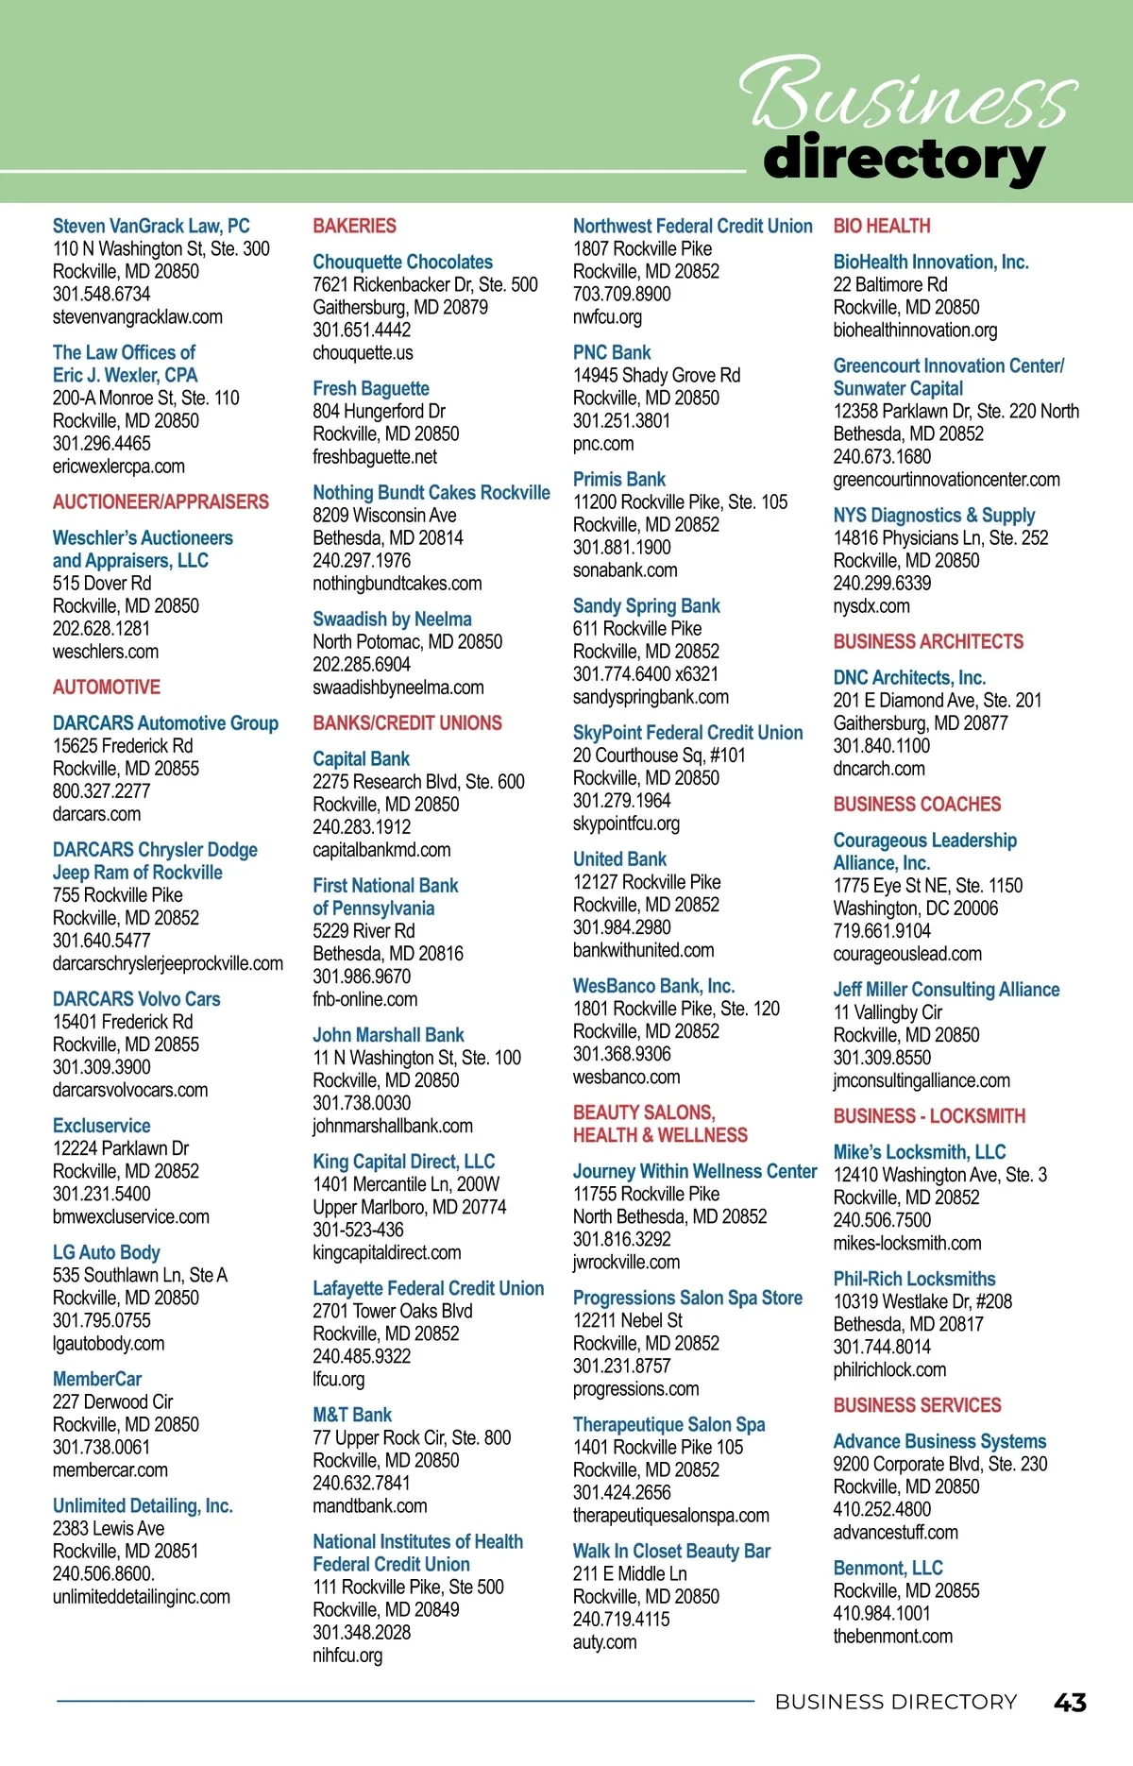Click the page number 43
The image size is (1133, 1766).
coord(1070,1702)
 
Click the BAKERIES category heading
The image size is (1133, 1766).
coord(354,226)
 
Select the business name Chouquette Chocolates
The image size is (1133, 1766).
coord(402,262)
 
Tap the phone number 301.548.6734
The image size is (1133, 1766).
coord(101,294)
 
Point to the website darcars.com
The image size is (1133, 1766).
coord(96,814)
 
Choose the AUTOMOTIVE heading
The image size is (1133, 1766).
coord(107,687)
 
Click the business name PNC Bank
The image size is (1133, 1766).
coord(612,352)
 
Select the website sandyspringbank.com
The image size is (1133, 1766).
coord(651,697)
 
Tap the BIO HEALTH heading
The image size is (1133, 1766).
coord(882,226)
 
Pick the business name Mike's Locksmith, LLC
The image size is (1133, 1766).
coord(919,1152)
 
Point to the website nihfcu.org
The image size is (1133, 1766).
coord(347,1655)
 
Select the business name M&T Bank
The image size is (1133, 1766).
coord(352,1415)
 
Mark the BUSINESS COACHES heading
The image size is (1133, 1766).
coord(917,804)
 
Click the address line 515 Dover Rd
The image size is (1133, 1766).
coord(102,583)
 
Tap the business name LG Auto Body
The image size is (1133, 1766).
coord(107,1252)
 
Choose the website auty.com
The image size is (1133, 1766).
coord(604,1641)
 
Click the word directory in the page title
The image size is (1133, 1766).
coord(904,159)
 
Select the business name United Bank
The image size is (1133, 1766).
coord(619,858)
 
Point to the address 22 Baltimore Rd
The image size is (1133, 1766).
coord(889,284)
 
